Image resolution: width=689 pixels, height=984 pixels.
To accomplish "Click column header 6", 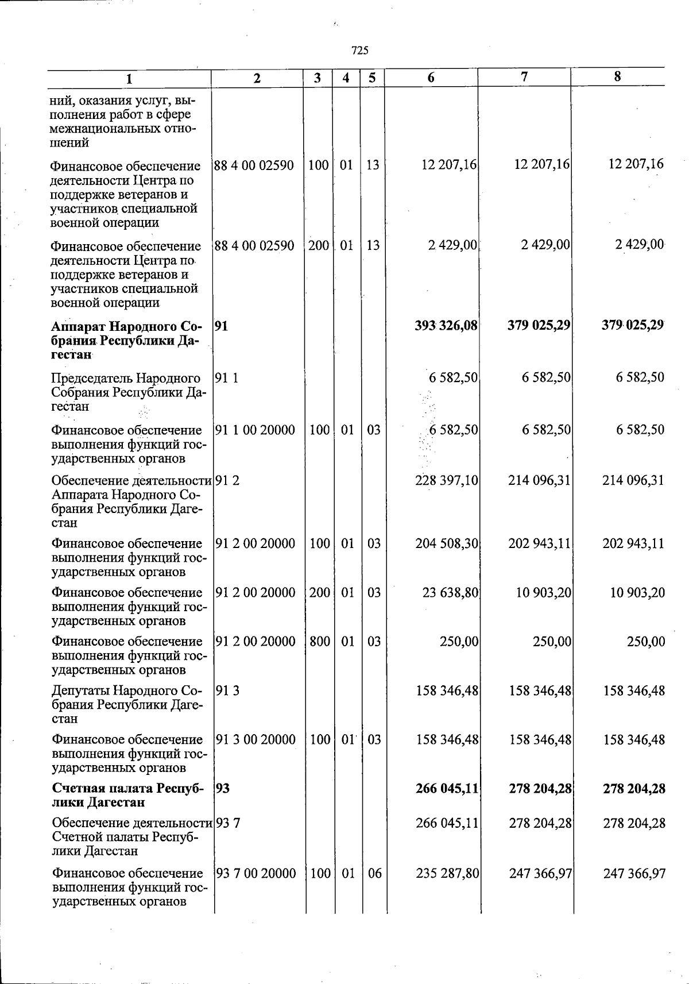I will tap(431, 78).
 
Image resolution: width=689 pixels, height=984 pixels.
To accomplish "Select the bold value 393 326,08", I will tap(446, 326).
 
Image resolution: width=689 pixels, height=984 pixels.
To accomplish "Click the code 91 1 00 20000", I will tap(255, 430).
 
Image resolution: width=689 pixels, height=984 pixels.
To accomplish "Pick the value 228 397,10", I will tap(447, 480).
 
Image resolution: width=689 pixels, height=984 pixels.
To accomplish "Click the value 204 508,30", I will tap(447, 543).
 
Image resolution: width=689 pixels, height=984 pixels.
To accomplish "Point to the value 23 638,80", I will tap(450, 592).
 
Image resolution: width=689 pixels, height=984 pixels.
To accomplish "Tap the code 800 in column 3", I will tap(319, 641).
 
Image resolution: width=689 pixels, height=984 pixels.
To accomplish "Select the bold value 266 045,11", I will tap(447, 788).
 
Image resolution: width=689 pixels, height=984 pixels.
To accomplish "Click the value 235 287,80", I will tap(447, 873).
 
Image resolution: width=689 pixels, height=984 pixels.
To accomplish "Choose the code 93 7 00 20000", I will tap(256, 873).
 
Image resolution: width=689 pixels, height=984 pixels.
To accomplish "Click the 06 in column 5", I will tap(374, 873).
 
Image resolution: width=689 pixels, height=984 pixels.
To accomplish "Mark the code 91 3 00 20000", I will tap(256, 739).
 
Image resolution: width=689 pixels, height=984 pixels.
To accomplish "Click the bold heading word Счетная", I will tap(76, 788).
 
